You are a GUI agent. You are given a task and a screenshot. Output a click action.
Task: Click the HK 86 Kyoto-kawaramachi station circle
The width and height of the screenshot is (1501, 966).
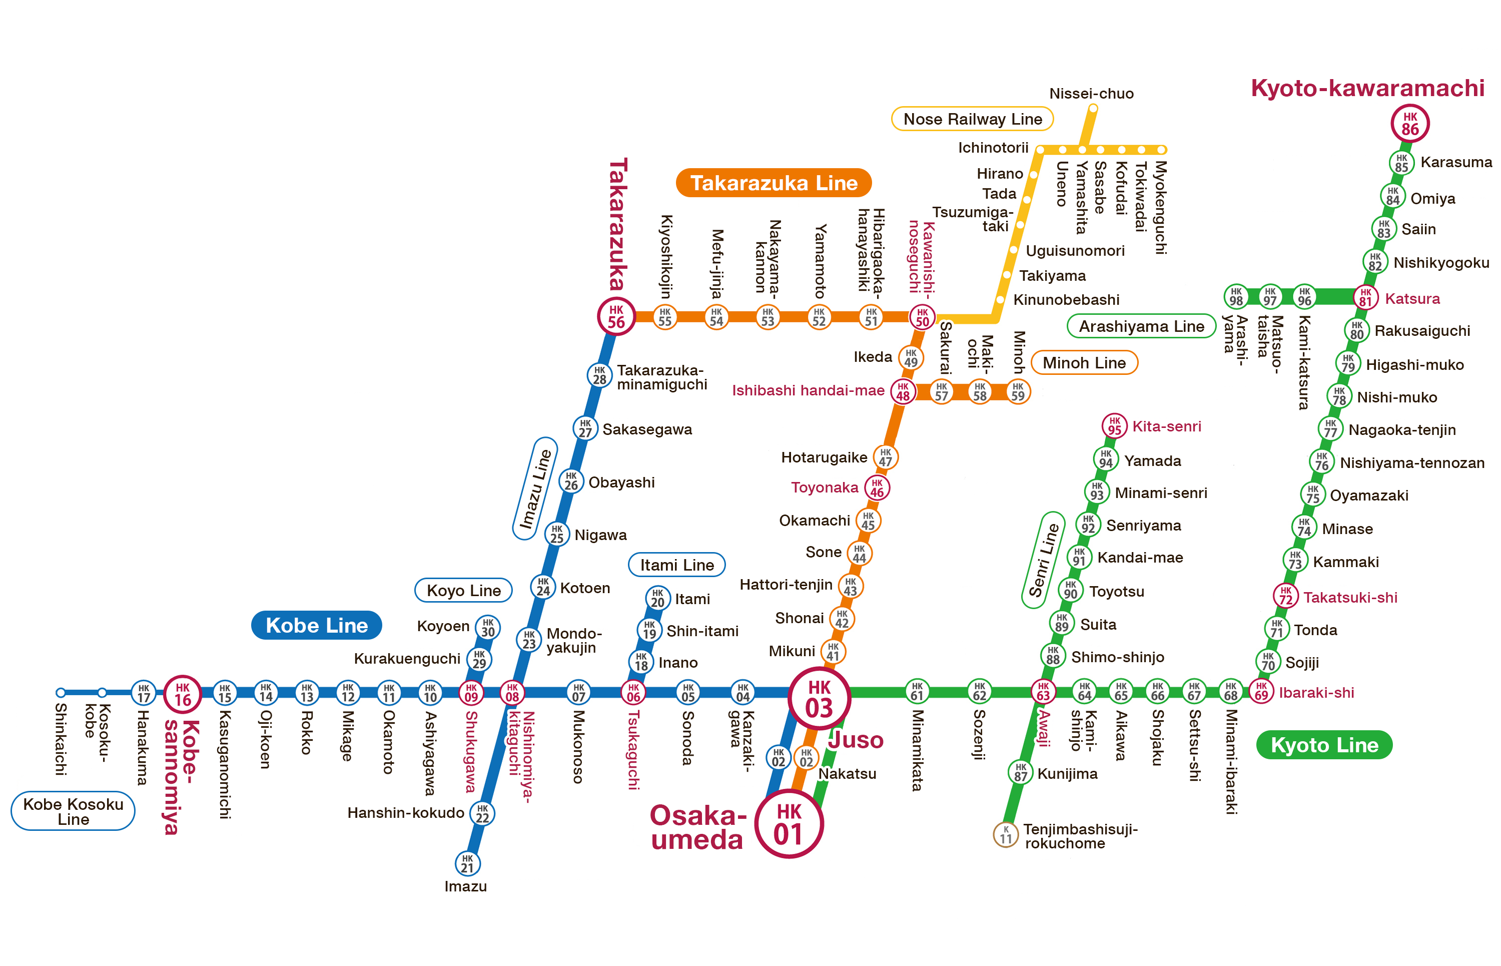[x=1409, y=124]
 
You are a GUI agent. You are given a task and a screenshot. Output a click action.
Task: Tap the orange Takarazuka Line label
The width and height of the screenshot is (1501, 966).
[x=773, y=183]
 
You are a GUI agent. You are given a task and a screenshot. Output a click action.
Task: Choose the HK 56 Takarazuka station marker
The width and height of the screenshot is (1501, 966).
[x=616, y=316]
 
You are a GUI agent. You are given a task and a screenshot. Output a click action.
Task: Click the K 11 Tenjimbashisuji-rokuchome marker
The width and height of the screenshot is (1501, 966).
[x=1005, y=834]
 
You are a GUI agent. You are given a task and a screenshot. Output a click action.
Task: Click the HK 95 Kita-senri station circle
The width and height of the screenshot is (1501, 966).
[x=1114, y=425]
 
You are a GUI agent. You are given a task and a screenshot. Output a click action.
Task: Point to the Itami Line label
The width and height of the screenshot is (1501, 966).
[x=676, y=565]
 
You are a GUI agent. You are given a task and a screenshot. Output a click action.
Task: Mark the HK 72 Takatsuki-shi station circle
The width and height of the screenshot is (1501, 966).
[x=1285, y=595]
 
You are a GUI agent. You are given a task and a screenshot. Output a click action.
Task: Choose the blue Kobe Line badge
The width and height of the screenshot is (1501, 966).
[x=316, y=625]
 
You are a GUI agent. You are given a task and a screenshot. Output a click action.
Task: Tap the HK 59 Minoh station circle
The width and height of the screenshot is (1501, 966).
[x=1018, y=391]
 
